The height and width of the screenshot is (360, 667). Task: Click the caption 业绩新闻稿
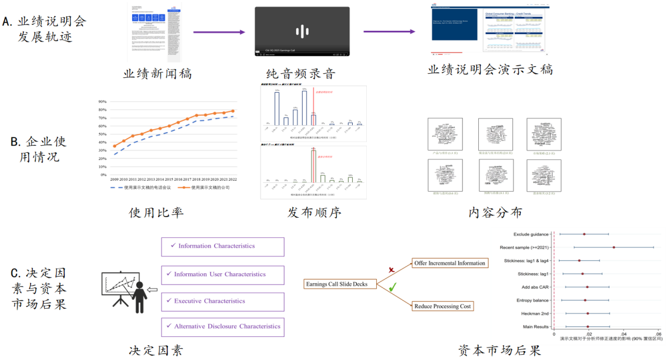point(157,74)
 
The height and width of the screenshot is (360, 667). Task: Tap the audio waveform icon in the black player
point(302,32)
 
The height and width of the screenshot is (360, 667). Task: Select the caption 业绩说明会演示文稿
point(490,70)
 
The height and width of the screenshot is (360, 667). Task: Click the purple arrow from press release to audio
point(219,32)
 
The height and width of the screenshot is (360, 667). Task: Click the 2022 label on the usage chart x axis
point(233,179)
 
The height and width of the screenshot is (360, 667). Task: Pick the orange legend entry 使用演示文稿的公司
point(206,188)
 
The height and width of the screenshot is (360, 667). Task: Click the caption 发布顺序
point(314,212)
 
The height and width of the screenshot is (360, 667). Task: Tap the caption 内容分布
point(495,212)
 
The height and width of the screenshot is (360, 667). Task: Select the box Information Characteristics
point(222,247)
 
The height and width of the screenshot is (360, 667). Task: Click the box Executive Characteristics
point(222,301)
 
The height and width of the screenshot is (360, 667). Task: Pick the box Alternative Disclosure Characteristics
point(222,326)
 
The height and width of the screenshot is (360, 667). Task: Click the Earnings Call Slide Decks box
point(336,284)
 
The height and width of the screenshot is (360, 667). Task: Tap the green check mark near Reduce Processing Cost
point(392,287)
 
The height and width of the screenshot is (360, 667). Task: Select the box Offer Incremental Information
point(449,263)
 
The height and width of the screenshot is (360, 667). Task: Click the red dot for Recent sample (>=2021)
point(613,247)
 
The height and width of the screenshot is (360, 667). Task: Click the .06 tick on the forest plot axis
point(658,334)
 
